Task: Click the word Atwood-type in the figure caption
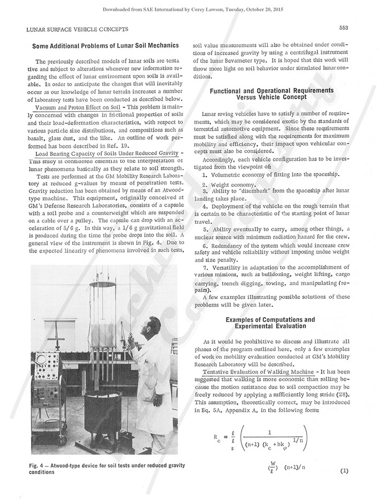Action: click(65, 465)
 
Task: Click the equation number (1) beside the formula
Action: click(343, 471)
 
